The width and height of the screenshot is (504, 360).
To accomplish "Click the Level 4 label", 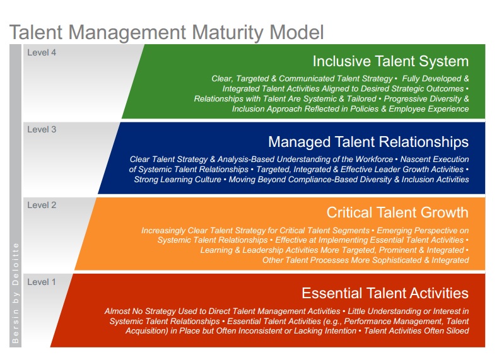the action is pos(42,52).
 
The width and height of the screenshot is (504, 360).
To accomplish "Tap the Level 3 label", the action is pos(42,129).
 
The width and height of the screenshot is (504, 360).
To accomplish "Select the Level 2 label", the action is pos(42,205).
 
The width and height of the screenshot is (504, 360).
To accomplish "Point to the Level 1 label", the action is pos(42,282).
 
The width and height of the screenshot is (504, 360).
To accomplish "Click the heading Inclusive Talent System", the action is pos(390,61).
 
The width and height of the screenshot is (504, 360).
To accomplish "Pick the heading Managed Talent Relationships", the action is pos(368,142).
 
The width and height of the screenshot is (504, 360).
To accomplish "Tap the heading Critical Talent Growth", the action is pos(397,212).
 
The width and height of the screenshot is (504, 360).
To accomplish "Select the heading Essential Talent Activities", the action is pos(385,293).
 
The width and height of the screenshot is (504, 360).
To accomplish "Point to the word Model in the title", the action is pos(296,32).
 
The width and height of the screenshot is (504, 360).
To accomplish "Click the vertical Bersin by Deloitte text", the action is pos(15,293).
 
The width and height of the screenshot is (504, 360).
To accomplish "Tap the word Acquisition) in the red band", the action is pos(146,331).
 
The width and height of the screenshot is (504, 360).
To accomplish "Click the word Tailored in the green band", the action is pos(361,99).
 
